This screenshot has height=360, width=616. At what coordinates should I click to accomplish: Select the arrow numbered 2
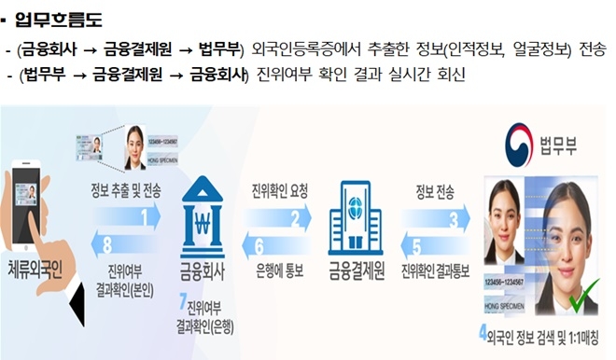coord(279,219)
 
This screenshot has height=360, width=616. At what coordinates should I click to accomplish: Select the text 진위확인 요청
coord(280,191)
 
